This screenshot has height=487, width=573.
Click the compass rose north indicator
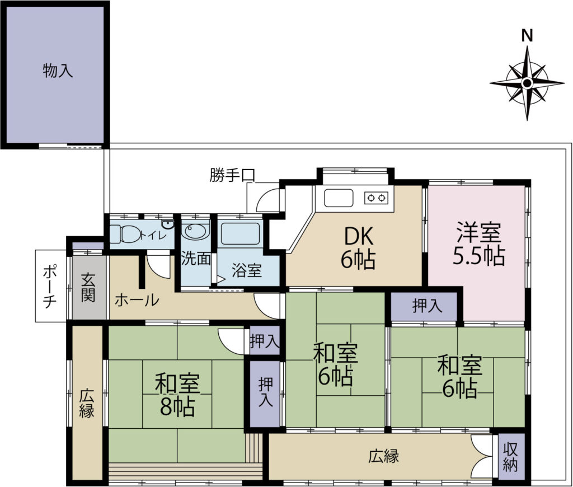[527, 83]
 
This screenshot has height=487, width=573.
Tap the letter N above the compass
[527, 36]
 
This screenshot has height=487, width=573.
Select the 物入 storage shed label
[58, 70]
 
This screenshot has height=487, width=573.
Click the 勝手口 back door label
[232, 175]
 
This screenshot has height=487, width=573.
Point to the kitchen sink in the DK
[339, 198]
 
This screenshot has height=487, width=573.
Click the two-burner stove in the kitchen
[377, 198]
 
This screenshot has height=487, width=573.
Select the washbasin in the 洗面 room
[196, 231]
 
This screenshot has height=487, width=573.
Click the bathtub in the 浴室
[241, 233]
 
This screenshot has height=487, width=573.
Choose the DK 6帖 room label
[359, 247]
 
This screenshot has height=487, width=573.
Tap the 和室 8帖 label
[177, 394]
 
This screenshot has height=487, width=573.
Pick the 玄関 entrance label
[88, 287]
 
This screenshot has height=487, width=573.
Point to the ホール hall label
[137, 300]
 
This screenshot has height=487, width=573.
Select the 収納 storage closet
[510, 457]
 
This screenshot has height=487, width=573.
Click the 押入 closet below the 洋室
[424, 306]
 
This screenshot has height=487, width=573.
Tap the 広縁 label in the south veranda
[383, 456]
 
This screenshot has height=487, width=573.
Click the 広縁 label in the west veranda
[87, 404]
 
